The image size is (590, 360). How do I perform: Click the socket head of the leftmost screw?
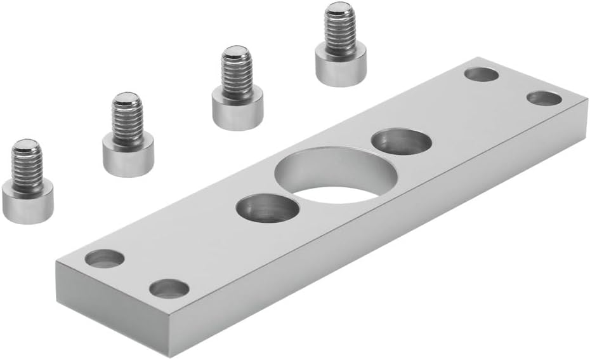point(27,201)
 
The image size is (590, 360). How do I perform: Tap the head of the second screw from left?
point(128,156)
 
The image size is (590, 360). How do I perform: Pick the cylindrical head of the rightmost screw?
point(341,67)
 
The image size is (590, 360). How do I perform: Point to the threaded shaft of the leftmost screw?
point(27,164)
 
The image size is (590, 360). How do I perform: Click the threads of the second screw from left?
point(128,119)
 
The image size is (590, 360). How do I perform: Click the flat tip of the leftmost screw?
point(26,145)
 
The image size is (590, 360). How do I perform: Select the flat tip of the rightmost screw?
point(339,9)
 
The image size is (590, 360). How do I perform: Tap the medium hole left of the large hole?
point(268,209)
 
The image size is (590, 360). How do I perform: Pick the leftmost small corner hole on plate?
point(105,258)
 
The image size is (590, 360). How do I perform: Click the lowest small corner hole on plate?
point(169,288)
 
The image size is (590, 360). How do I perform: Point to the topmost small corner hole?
point(481,74)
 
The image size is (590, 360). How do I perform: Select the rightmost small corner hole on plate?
point(544,98)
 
